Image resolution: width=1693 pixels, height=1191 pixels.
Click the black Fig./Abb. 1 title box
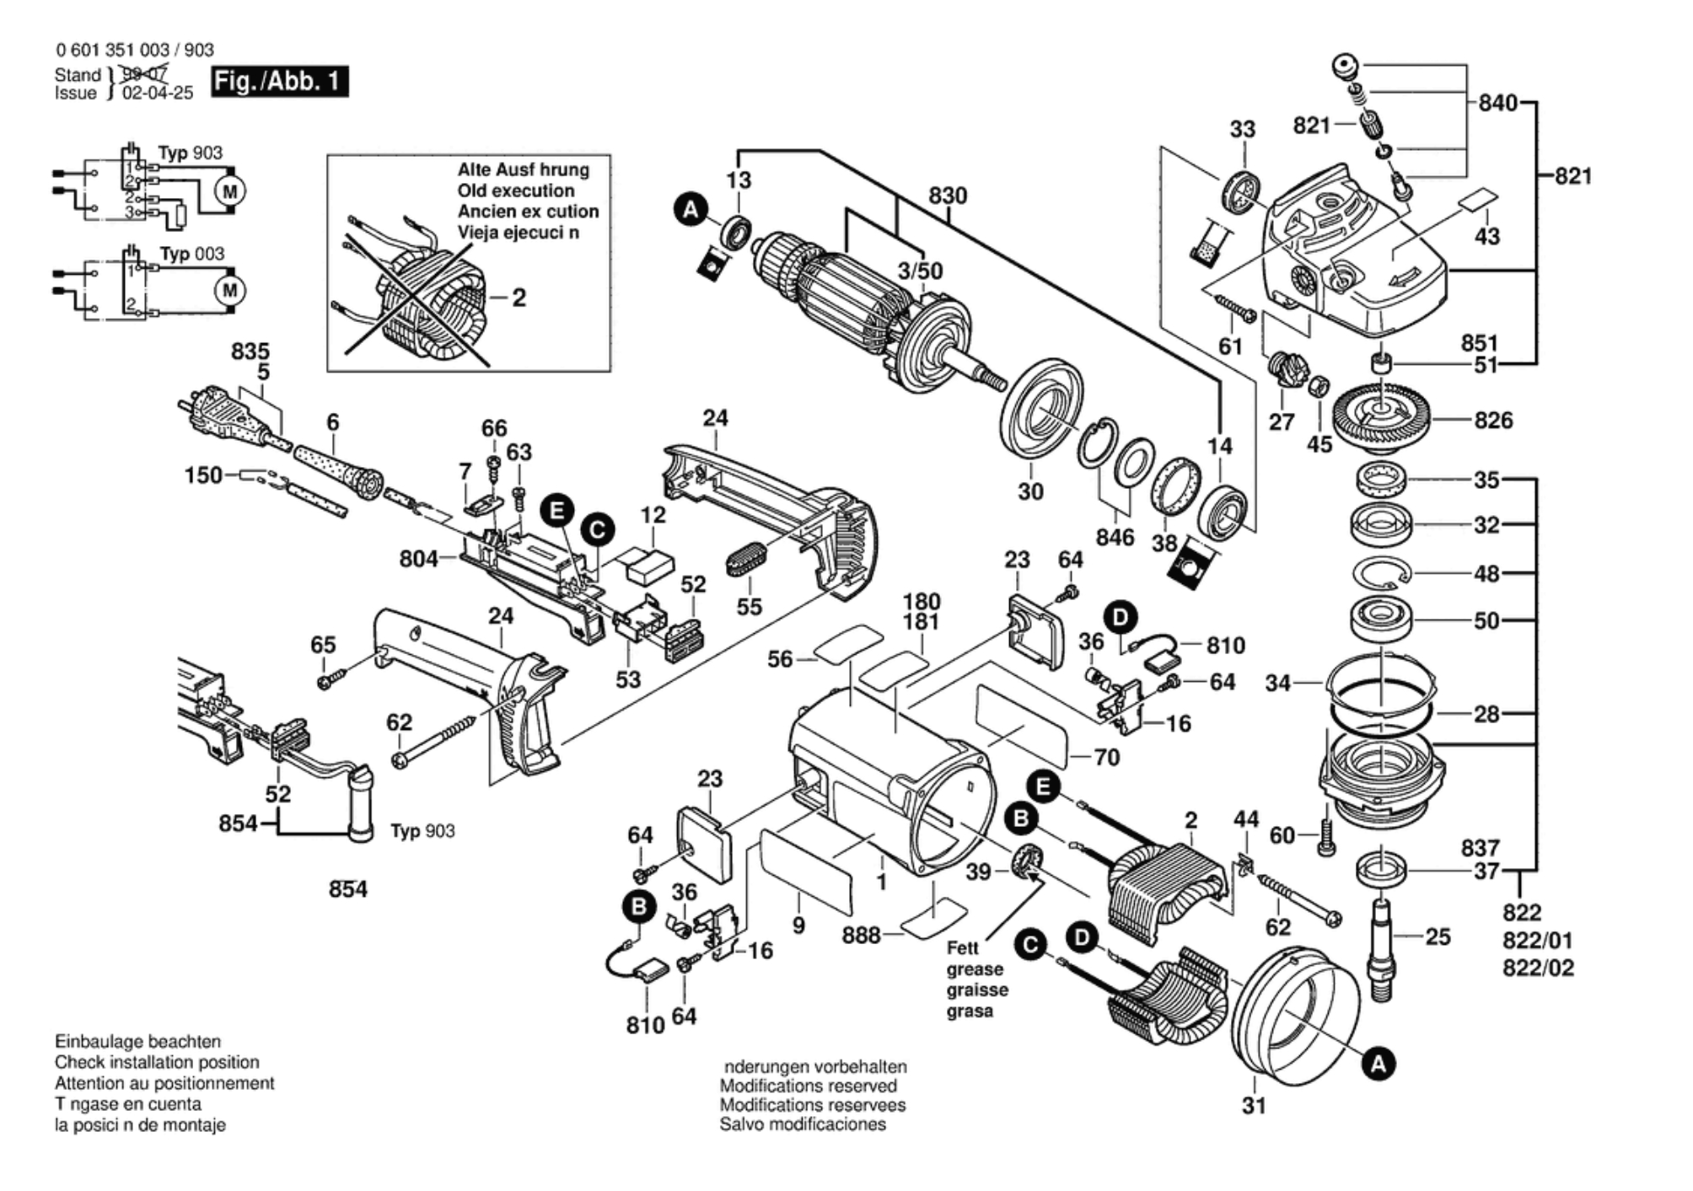278,82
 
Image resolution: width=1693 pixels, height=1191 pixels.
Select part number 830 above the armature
948,196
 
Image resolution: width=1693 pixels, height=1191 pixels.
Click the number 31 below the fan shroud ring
1254,1105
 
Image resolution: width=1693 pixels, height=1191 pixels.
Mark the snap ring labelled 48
1381,574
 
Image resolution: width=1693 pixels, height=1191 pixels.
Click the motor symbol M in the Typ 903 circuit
229,191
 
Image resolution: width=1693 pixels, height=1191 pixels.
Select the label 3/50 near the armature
920,271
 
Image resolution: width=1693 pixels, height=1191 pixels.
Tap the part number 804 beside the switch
418,559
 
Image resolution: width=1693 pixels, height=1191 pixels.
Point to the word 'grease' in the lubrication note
975,969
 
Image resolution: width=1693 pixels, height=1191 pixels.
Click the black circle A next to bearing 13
691,210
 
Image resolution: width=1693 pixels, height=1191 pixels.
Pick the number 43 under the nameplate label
1486,236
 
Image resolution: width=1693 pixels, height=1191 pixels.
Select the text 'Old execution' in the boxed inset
516,190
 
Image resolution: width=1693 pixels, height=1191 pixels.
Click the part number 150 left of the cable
203,475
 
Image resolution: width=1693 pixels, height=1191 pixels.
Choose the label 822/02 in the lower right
1538,968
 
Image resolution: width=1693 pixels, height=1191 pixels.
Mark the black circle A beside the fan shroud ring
1378,1064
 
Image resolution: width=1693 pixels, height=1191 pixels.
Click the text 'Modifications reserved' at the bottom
808,1086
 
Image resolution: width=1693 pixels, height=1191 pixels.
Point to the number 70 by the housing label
1106,757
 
